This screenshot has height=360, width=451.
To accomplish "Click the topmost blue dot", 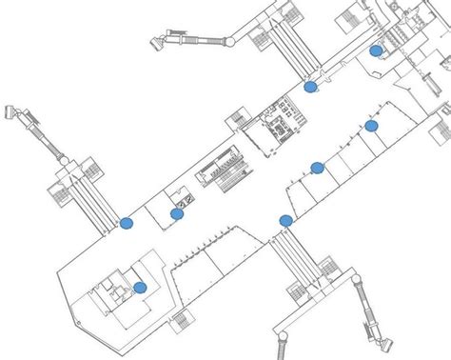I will pos(376,50).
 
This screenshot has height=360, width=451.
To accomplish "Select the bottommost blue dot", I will pos(140,287).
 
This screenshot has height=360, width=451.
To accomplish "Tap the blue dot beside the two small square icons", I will pos(177,214).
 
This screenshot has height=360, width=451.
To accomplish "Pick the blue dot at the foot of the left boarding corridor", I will pos(127,223).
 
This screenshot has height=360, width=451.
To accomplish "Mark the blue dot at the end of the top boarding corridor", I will pos(310,87).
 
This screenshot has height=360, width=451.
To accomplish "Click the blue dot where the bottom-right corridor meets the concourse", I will pos(285,221).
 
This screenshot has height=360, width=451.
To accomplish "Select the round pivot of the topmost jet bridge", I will pos(229,41).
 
